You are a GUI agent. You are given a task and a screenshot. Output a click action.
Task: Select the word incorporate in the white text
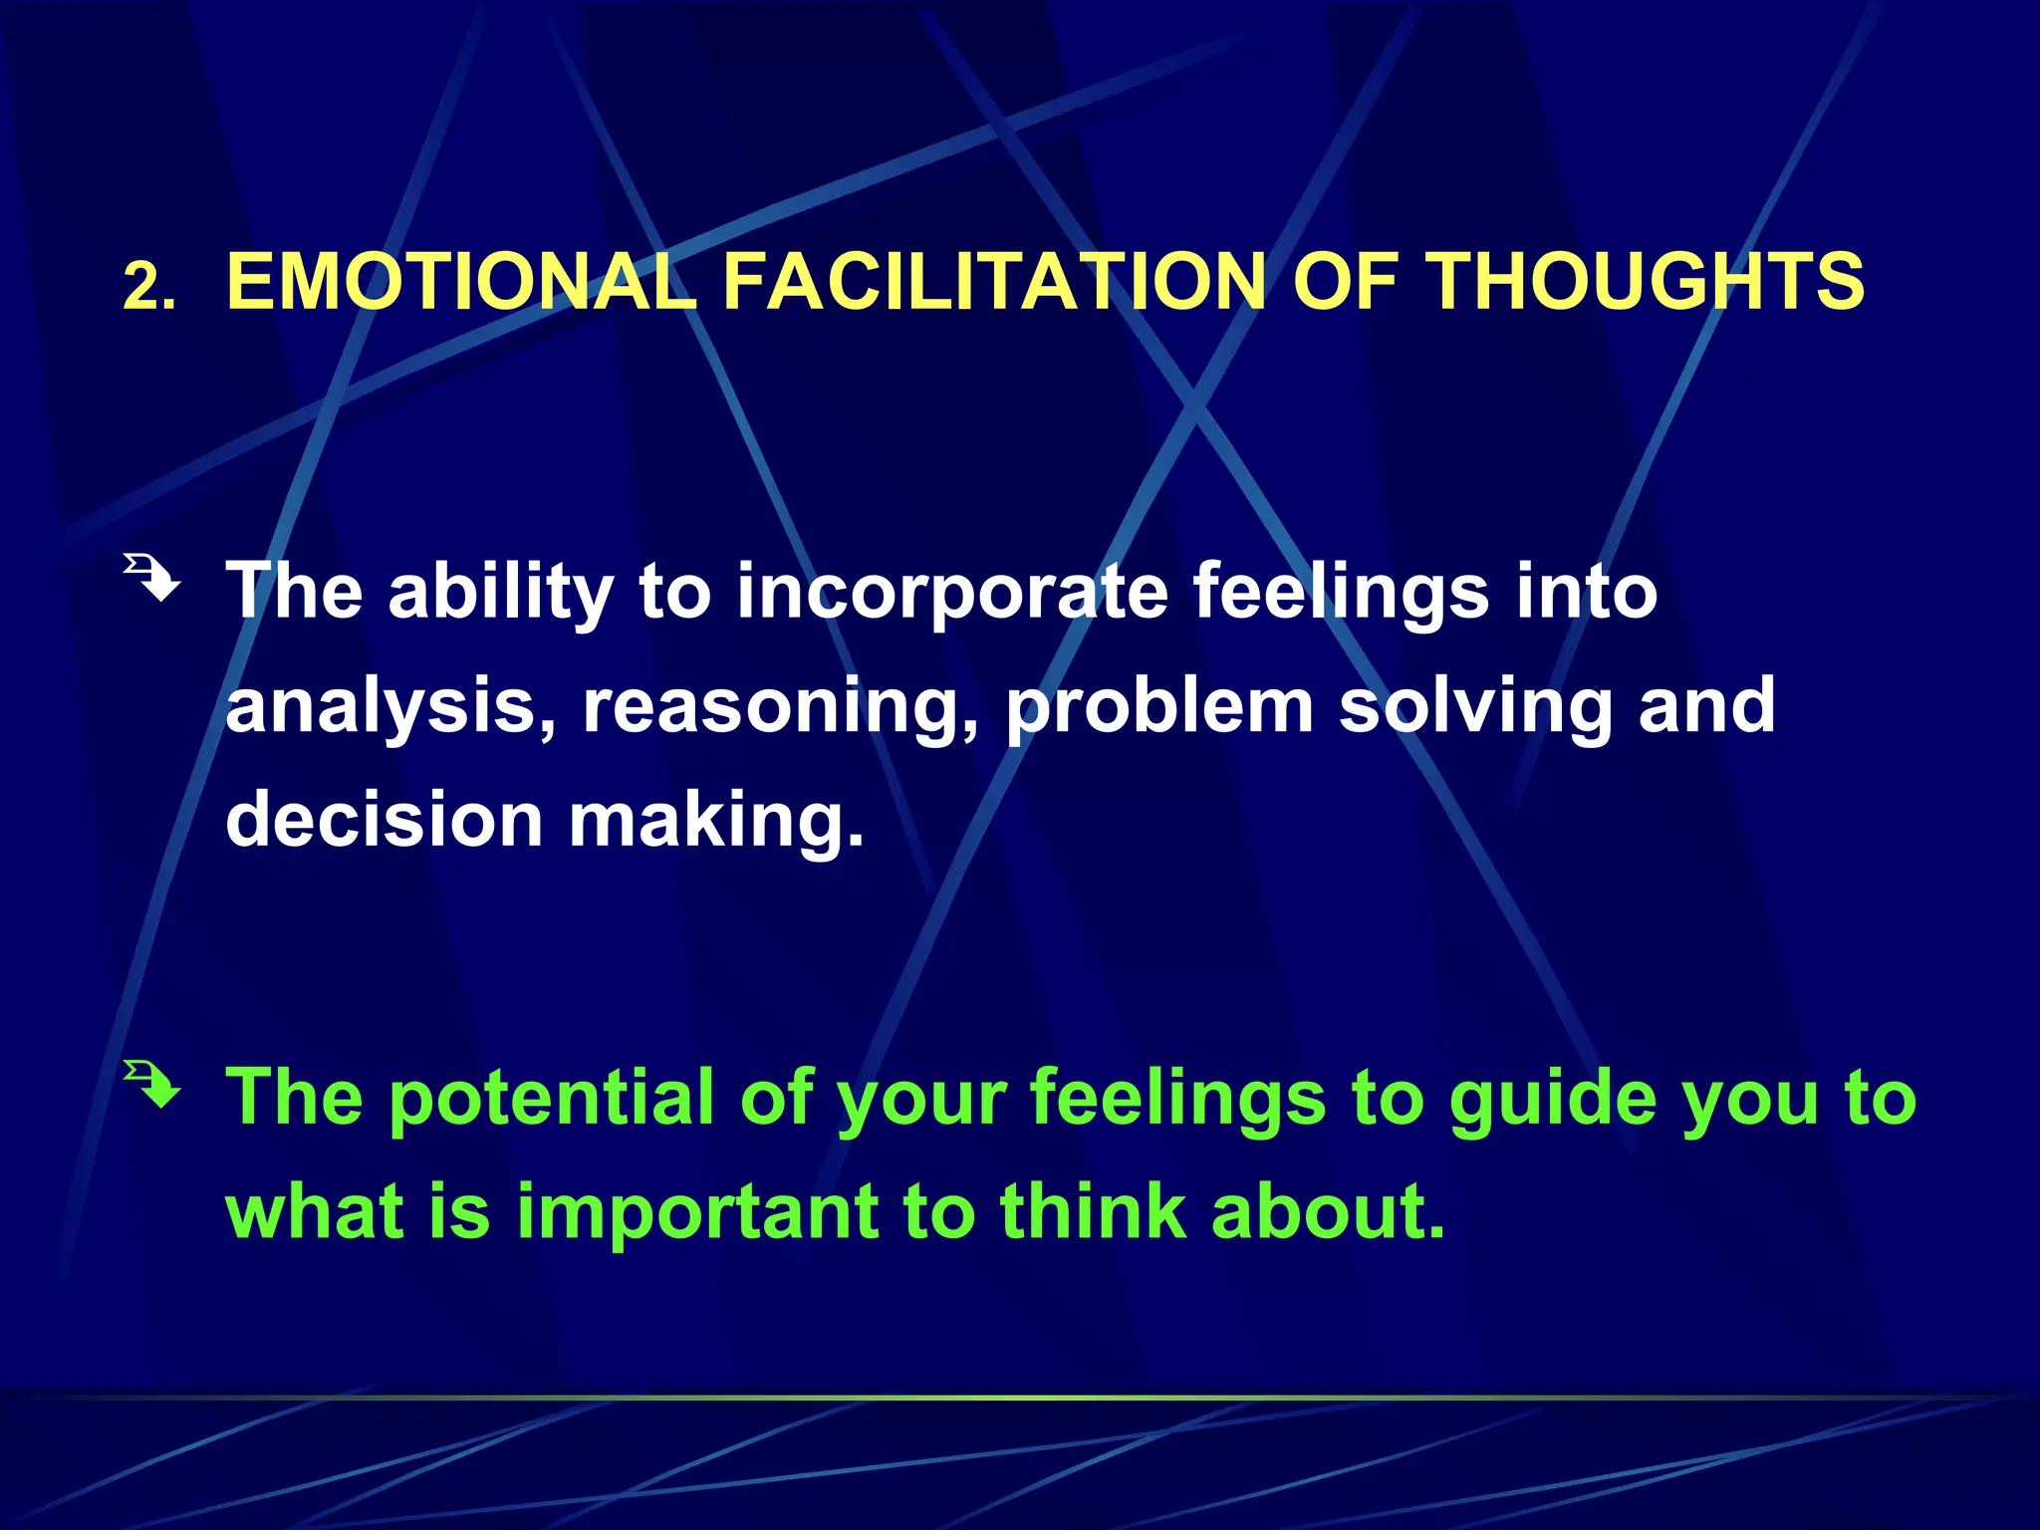(x=951, y=593)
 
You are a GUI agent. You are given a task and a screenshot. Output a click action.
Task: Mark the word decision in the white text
(x=384, y=820)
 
